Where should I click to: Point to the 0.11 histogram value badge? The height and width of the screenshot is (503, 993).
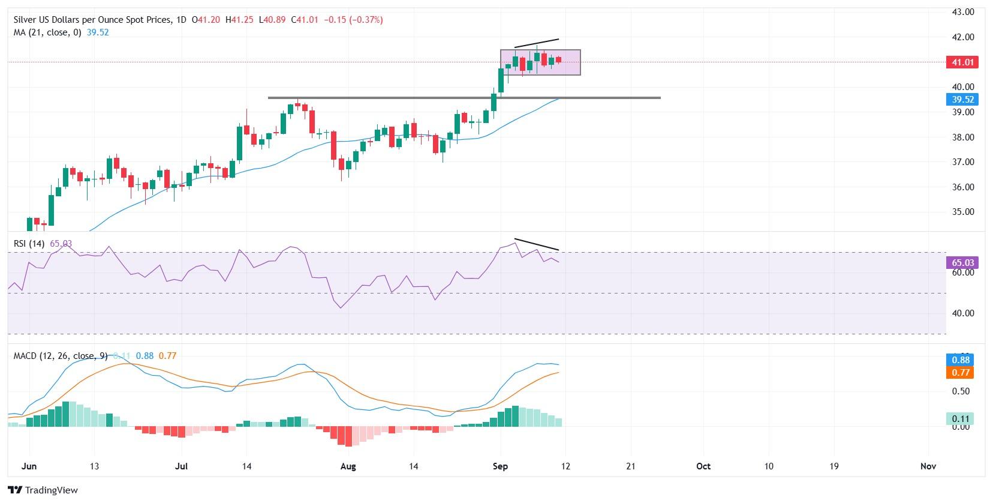pyautogui.click(x=960, y=419)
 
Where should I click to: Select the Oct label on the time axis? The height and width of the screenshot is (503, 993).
pyautogui.click(x=703, y=466)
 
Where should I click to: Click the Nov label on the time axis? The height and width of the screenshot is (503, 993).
pyautogui.click(x=928, y=466)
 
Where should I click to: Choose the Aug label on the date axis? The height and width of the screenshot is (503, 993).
pyautogui.click(x=348, y=466)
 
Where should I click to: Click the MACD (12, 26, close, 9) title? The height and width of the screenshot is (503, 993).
pyautogui.click(x=61, y=356)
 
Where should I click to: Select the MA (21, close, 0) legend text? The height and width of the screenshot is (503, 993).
pyautogui.click(x=49, y=32)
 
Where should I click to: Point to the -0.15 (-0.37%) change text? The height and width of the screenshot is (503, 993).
pyautogui.click(x=353, y=20)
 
